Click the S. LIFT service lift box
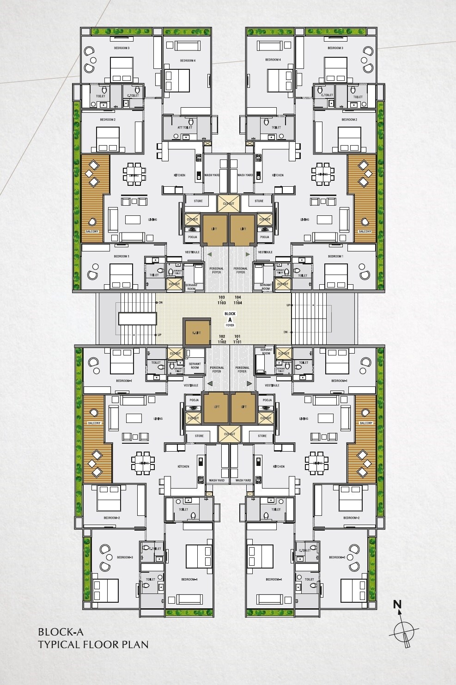tap(196, 333)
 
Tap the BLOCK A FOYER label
tap(230, 319)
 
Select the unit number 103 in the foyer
tap(222, 298)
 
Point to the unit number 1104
tap(238, 303)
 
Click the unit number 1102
tap(222, 342)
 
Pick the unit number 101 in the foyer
tap(238, 336)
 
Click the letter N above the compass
tap(397, 604)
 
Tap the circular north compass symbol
tap(404, 630)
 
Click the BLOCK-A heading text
tap(61, 631)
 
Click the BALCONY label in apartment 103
tap(92, 231)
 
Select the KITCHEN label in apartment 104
tap(278, 175)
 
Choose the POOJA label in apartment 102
tap(194, 400)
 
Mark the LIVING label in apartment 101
tap(304, 419)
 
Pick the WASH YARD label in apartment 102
tap(217, 480)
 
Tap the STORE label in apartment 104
tap(259, 201)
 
